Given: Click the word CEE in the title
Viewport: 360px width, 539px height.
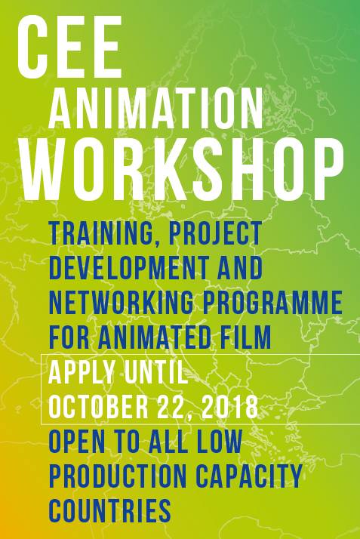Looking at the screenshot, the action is [69, 47].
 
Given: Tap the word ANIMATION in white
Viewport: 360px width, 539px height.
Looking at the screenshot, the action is [155, 107].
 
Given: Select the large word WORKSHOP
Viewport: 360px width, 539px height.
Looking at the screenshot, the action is [183, 169].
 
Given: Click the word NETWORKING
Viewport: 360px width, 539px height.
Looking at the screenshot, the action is [122, 303].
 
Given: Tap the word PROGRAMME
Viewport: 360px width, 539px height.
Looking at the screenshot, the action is [272, 303].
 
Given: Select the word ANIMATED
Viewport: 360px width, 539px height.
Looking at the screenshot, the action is [154, 337].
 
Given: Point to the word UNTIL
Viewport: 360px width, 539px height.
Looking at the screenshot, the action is [156, 372].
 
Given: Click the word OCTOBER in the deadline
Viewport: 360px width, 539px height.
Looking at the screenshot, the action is [98, 407].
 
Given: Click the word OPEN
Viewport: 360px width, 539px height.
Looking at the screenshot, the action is [77, 442].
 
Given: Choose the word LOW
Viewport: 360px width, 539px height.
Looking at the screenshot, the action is [220, 442].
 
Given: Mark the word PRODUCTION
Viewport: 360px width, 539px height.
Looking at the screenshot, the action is [118, 477].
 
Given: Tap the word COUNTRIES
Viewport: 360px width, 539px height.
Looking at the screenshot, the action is [110, 512].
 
